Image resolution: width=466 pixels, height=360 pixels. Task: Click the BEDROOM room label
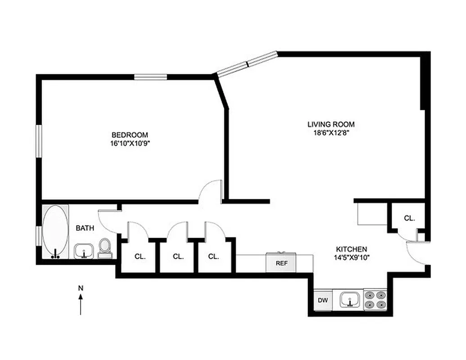[x=129, y=135]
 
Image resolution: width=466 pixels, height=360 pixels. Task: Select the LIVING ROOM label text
[x=330, y=124]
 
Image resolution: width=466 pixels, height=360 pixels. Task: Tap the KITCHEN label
[x=351, y=249]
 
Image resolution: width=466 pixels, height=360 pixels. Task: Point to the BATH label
[x=85, y=228]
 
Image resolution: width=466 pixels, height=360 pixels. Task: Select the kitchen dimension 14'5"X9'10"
[x=351, y=258]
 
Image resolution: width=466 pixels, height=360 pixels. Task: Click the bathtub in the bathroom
[x=55, y=231]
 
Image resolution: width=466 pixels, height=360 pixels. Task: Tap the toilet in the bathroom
[x=105, y=248]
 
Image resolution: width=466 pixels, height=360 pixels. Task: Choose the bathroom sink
[x=83, y=251]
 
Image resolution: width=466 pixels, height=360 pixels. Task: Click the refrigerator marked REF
[x=281, y=263]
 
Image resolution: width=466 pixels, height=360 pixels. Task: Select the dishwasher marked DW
[x=322, y=300]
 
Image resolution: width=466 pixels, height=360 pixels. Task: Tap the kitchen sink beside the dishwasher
[x=349, y=299]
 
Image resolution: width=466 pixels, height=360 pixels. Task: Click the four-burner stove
[x=375, y=299]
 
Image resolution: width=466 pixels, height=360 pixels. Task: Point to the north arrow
[x=81, y=304]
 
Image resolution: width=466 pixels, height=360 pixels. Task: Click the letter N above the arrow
[x=81, y=288]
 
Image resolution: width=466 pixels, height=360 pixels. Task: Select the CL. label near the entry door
[x=409, y=218]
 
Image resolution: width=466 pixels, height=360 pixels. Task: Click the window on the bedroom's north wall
[x=151, y=77]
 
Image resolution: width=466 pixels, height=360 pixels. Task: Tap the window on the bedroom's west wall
[x=39, y=141]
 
